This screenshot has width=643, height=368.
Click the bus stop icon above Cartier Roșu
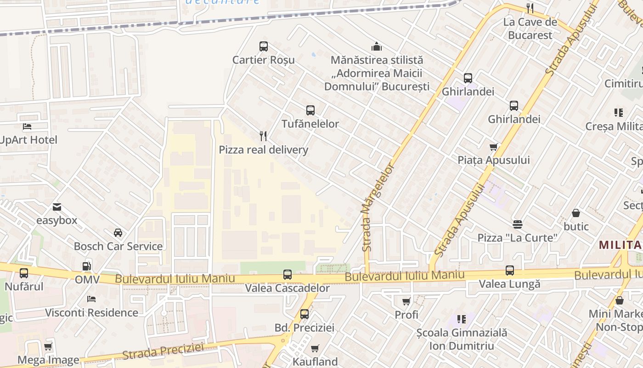(263, 46)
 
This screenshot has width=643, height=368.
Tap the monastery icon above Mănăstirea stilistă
(377, 46)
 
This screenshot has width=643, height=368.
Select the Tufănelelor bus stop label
(310, 124)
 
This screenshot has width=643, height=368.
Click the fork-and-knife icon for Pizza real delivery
(263, 136)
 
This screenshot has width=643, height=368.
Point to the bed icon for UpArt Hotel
(27, 126)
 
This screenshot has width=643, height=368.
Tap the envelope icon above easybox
(57, 207)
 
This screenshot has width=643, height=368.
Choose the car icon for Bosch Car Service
(118, 233)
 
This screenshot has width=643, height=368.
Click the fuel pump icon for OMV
(86, 266)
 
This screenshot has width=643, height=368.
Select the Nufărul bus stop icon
(24, 273)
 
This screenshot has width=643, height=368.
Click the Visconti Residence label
(91, 313)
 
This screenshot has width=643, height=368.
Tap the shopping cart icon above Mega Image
(48, 346)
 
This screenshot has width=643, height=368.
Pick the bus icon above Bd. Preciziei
(305, 314)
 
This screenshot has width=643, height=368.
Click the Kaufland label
(315, 362)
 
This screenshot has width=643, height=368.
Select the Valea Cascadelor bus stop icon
(288, 275)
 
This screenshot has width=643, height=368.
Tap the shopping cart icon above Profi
(406, 301)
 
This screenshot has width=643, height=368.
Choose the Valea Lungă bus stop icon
(510, 270)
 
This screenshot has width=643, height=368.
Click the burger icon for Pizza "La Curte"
(518, 224)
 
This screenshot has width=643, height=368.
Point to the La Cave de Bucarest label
(530, 29)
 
